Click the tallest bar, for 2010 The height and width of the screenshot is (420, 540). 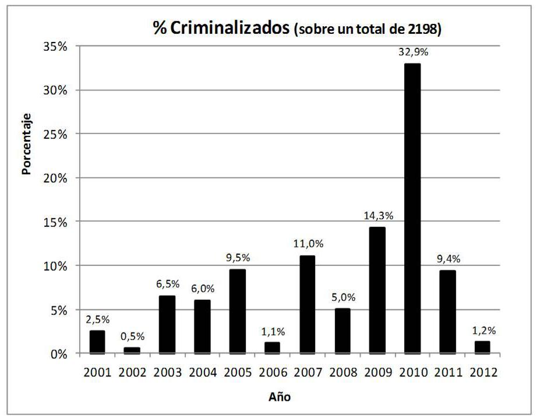click(412, 208)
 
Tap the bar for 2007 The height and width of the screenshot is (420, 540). click(307, 304)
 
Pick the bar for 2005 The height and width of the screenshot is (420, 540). click(237, 311)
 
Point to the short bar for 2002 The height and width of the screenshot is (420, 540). click(132, 351)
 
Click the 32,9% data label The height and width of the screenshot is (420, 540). click(413, 51)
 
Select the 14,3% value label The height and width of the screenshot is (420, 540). click(378, 215)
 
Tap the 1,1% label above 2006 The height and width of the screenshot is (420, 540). click(273, 331)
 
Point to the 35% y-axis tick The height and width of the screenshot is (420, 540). click(56, 46)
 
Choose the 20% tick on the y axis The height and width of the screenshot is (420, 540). click(56, 178)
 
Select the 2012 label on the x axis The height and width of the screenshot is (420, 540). click(483, 372)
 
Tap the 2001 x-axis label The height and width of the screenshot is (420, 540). click(97, 372)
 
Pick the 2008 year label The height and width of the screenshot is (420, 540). click(343, 372)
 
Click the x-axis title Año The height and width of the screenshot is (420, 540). click(279, 397)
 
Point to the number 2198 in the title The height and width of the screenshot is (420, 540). click(421, 30)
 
